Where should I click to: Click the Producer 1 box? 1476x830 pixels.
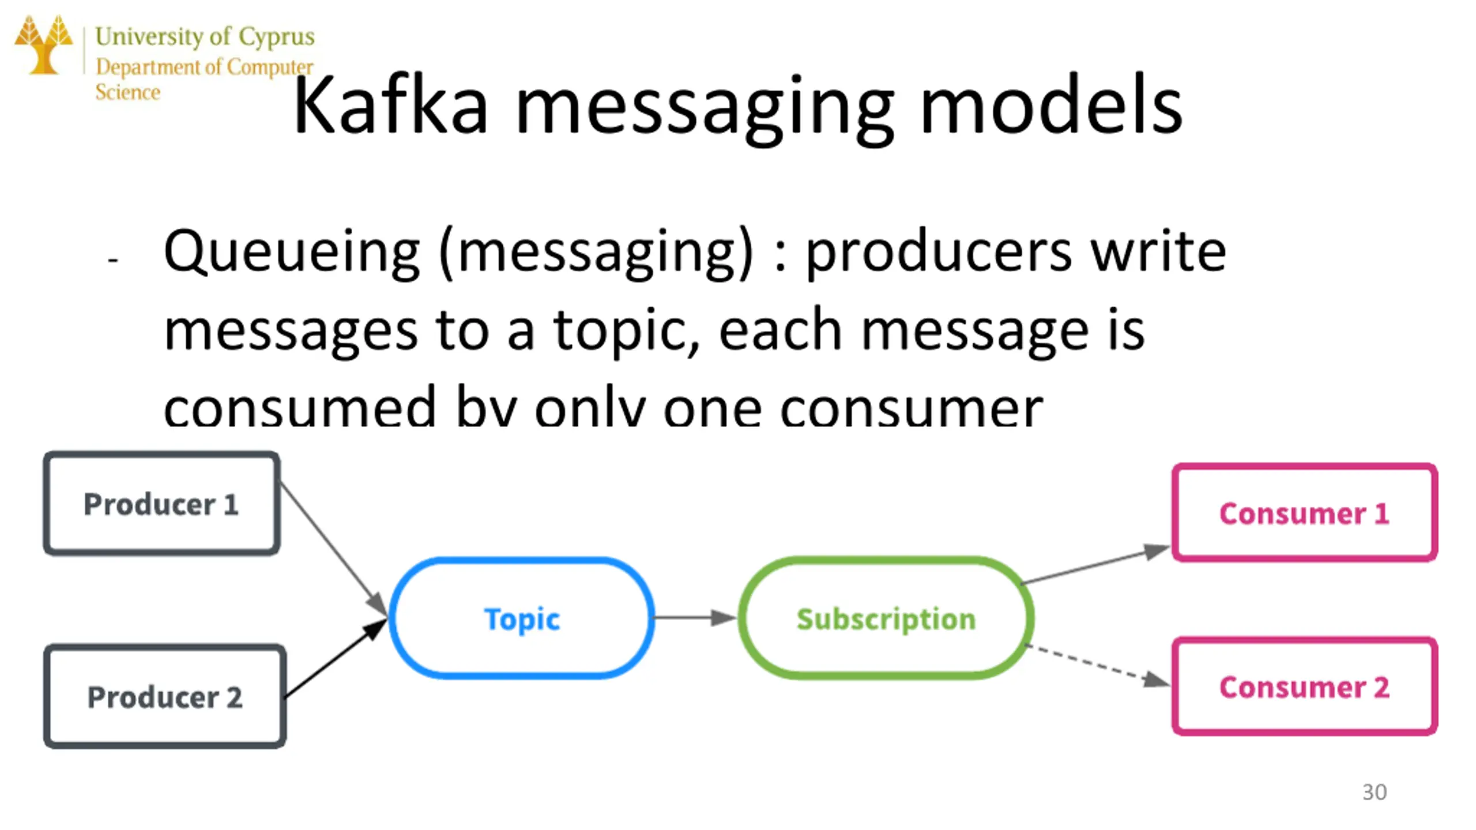click(161, 504)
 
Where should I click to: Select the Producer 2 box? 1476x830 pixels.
click(165, 696)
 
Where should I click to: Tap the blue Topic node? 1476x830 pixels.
click(522, 618)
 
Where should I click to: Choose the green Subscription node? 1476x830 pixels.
click(886, 618)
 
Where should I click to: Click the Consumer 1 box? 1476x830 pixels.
click(1304, 512)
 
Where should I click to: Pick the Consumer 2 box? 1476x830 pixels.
click(1304, 686)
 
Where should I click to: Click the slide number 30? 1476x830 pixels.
click(1375, 792)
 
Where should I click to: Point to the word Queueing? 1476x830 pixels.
click(292, 252)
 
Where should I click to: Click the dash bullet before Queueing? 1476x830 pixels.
click(113, 261)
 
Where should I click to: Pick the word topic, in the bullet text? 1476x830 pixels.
click(626, 330)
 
